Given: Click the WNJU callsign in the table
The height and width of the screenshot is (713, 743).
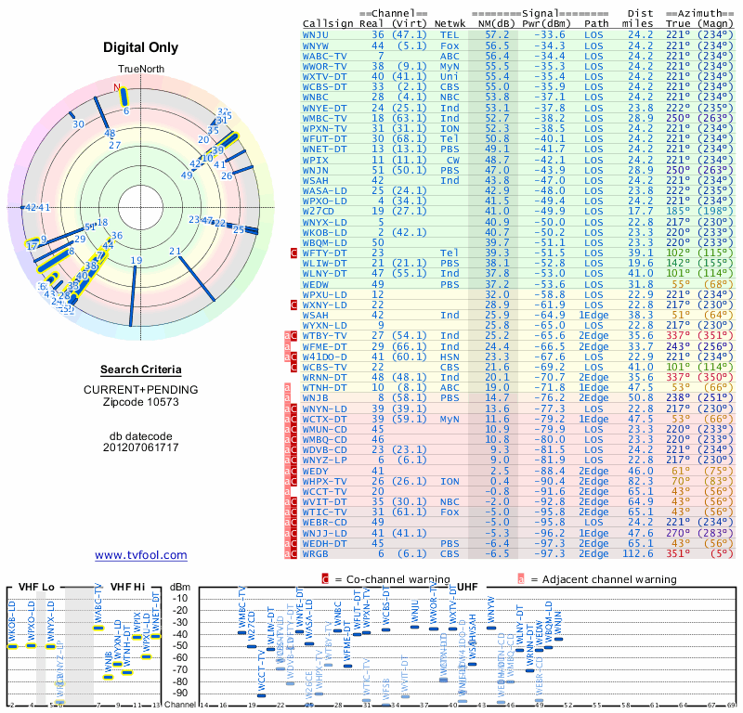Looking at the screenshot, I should coord(317,33).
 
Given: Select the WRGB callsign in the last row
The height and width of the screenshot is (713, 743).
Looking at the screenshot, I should coord(317,554).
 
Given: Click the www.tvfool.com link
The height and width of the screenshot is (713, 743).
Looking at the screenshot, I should coord(141,555).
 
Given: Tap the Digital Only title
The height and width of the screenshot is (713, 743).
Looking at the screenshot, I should coord(141,47).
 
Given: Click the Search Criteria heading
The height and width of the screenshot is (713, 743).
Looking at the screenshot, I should coord(141,369).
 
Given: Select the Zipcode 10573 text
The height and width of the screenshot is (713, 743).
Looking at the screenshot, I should coord(141,402).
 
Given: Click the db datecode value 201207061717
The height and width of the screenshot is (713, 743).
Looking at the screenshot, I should coord(141,447).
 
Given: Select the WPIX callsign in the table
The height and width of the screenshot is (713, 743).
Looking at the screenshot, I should coord(317,160).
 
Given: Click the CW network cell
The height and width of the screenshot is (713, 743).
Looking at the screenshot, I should coord(450,160).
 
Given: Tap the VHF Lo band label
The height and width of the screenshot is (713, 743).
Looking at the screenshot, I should coord(34,587).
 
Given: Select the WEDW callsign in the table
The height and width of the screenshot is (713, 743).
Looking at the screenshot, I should coord(317,284).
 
